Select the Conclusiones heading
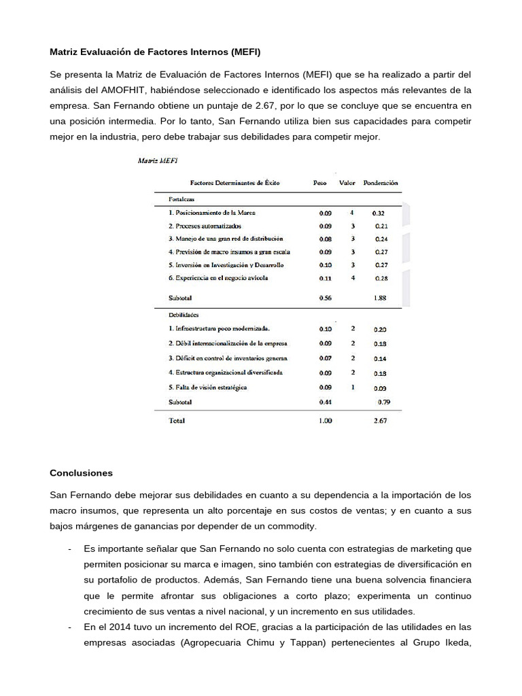[x=82, y=473]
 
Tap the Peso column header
[x=319, y=183]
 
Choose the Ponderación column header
[x=381, y=183]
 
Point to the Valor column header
[x=348, y=183]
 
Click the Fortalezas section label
[x=181, y=199]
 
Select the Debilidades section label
[x=183, y=315]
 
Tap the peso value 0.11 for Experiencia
[x=326, y=278]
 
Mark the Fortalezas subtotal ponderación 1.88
[x=381, y=298]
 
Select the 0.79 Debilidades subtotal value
[x=384, y=402]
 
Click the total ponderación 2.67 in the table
[x=381, y=421]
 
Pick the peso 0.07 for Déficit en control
[x=326, y=358]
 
